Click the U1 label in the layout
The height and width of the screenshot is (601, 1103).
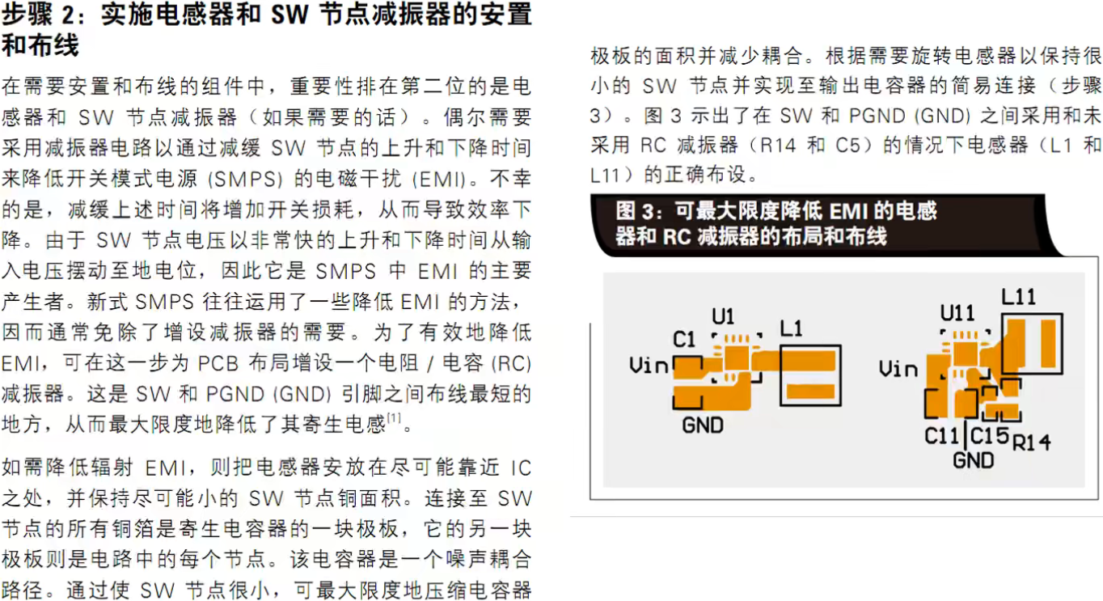click(724, 315)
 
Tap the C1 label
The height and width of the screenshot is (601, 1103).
click(684, 340)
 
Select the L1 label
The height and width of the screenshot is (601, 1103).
click(792, 328)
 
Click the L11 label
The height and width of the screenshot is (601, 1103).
click(1018, 297)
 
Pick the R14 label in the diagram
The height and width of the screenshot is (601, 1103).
click(1031, 442)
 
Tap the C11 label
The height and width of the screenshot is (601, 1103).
click(942, 435)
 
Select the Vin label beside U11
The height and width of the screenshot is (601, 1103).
click(898, 369)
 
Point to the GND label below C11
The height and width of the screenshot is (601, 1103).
click(973, 460)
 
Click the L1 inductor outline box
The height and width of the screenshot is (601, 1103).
click(810, 375)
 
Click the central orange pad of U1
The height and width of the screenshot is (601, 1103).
click(736, 357)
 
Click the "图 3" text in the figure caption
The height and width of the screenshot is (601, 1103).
click(634, 212)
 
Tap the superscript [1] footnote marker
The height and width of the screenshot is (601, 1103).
click(395, 417)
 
